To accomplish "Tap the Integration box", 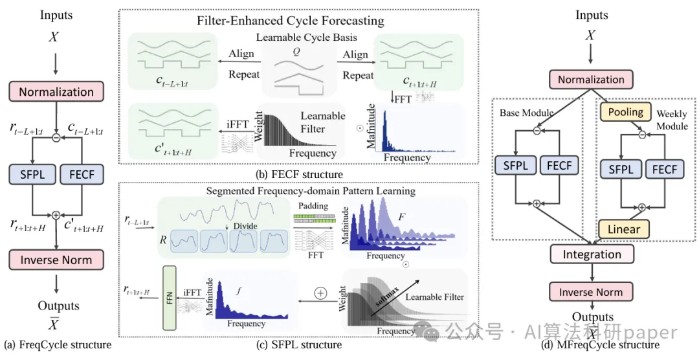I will [590, 254].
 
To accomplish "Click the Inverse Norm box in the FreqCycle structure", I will [56, 260].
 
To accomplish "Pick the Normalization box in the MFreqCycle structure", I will [591, 80].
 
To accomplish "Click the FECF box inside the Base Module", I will [559, 166].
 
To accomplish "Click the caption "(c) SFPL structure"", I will [299, 344].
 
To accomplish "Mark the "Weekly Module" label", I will [671, 120].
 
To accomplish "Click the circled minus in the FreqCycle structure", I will [56, 137].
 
